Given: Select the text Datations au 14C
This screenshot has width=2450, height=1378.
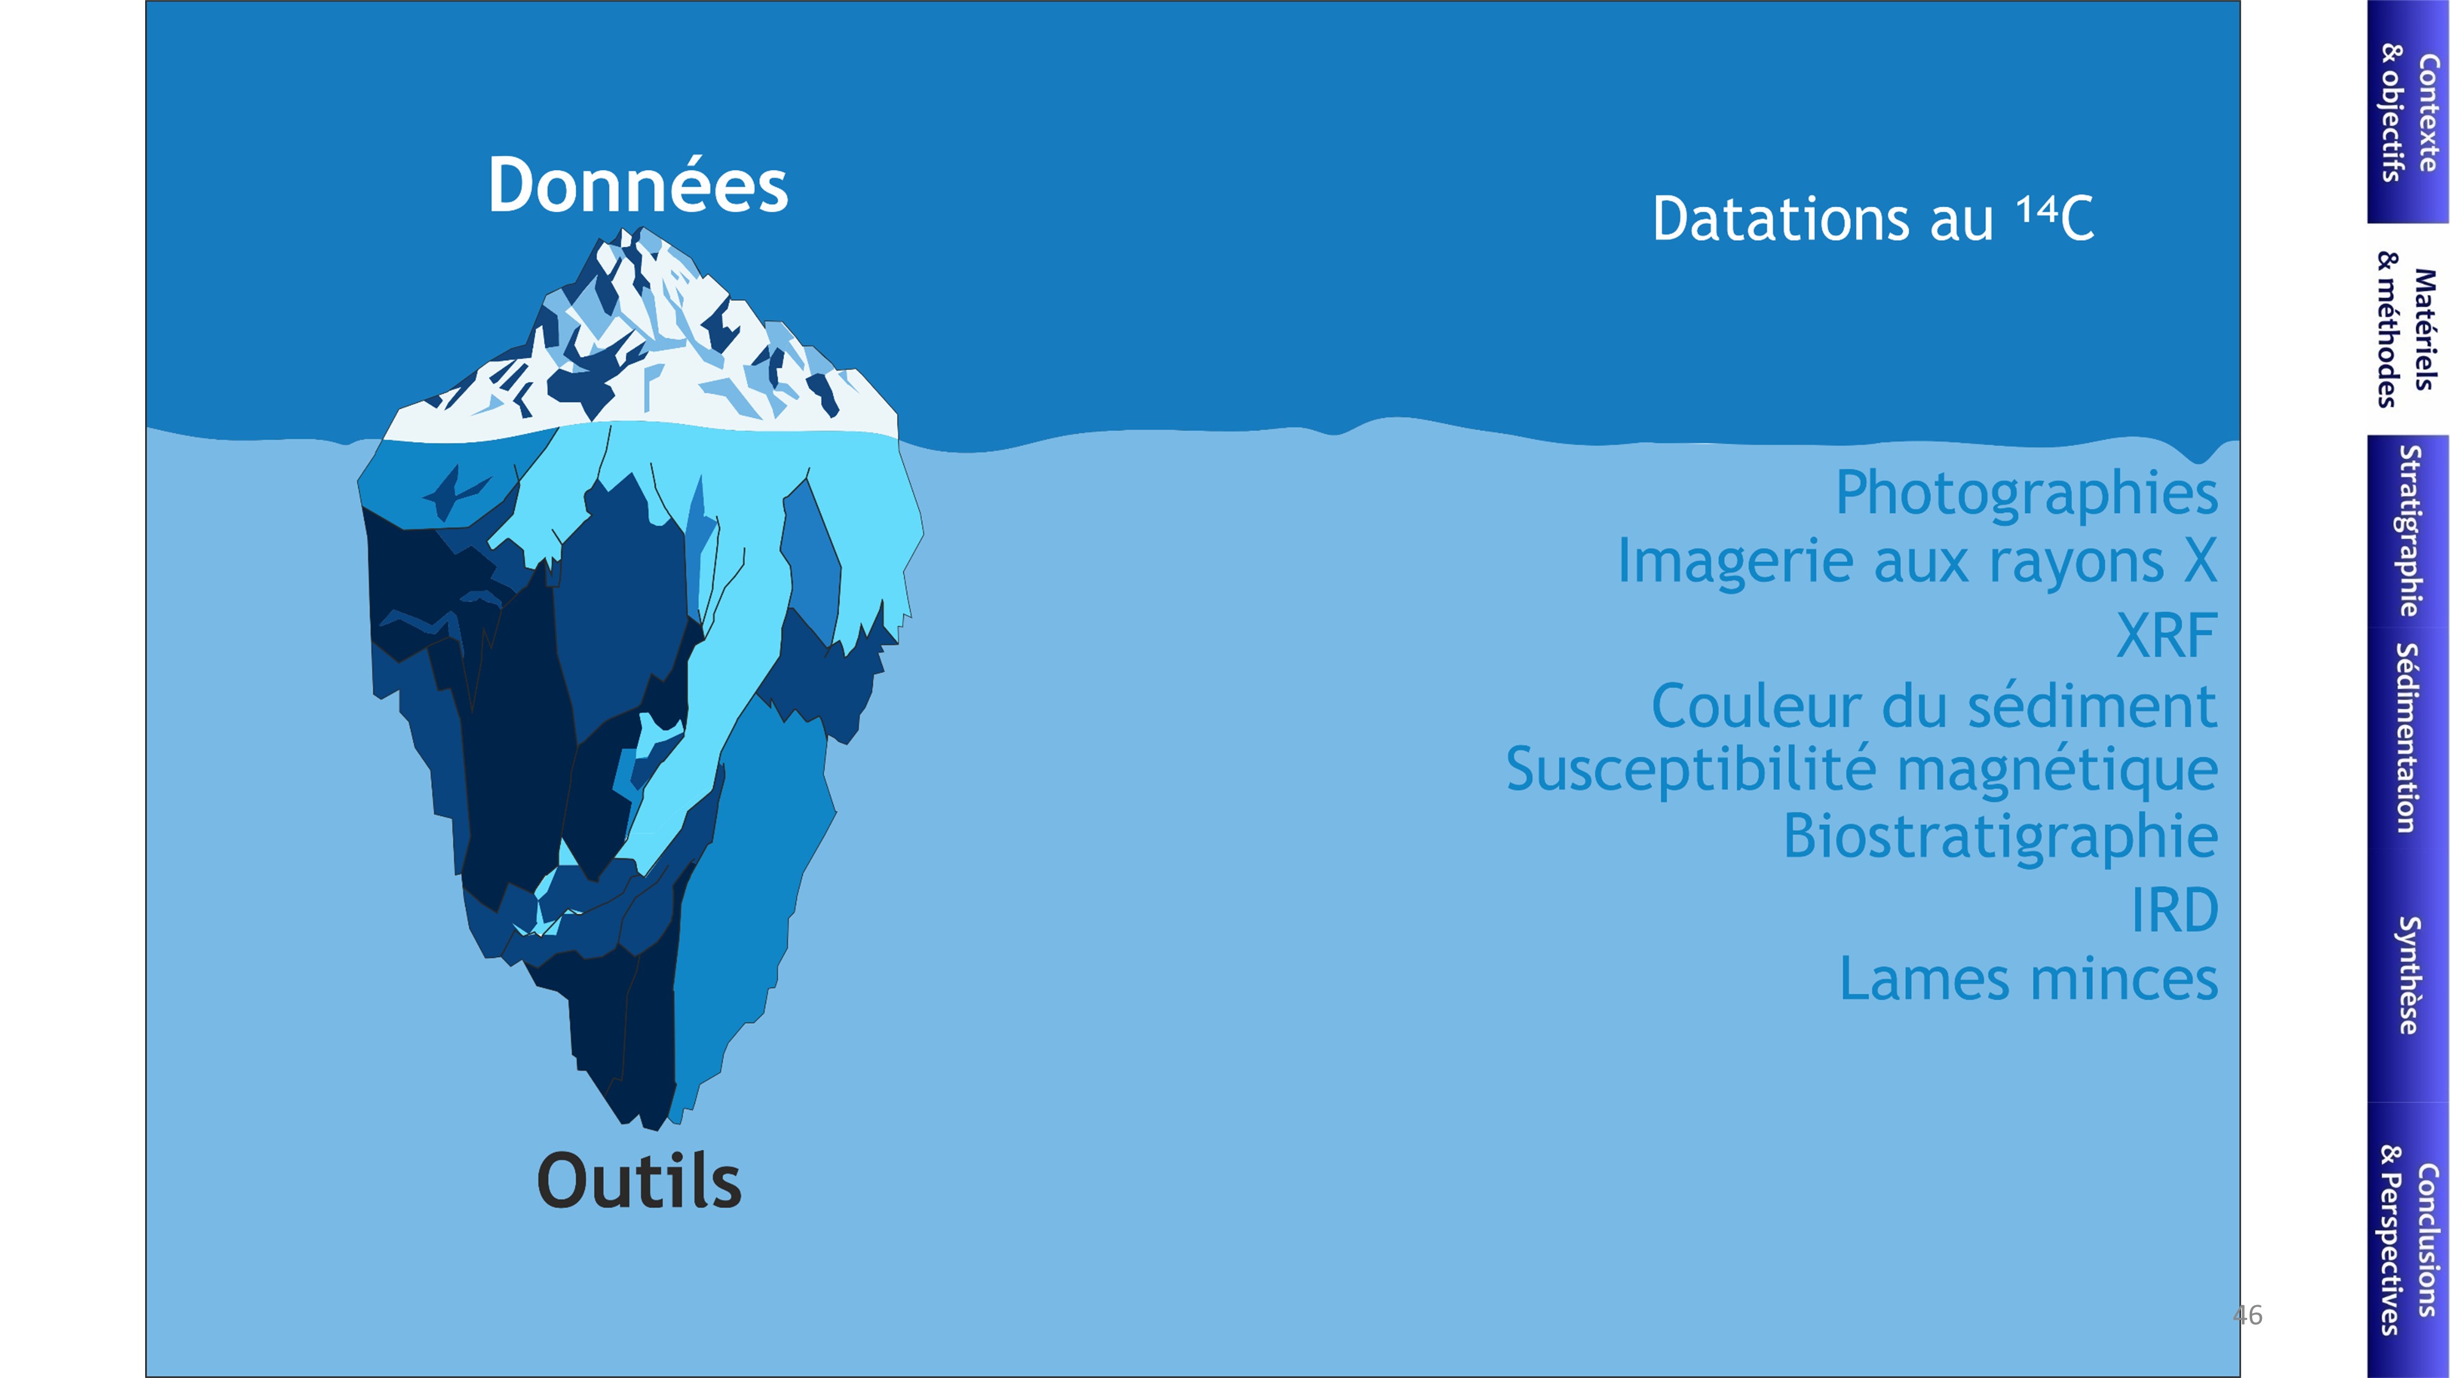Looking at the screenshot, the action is (x=1872, y=219).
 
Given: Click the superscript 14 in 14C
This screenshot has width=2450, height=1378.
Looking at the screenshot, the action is (x=2037, y=208).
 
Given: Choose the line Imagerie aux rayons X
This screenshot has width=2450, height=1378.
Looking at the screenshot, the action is (x=1917, y=560).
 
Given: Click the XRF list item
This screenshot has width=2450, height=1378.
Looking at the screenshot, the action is (x=2166, y=635).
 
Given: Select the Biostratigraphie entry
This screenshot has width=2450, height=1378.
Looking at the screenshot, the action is (x=2000, y=837).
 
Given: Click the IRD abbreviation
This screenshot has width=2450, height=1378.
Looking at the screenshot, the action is (x=2175, y=910).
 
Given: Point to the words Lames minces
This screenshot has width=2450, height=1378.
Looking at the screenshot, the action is (x=2029, y=979).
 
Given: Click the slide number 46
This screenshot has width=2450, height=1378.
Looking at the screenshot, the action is (x=2247, y=1316).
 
